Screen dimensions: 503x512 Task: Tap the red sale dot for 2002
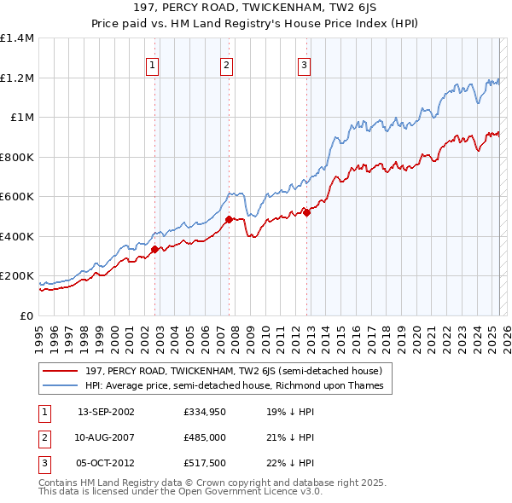(x=154, y=249)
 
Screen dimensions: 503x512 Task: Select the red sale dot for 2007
(x=229, y=219)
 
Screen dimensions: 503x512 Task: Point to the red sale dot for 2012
(x=306, y=213)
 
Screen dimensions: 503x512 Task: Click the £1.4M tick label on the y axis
(x=18, y=38)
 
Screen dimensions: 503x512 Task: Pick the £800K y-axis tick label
(x=18, y=157)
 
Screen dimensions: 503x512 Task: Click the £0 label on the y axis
(x=26, y=315)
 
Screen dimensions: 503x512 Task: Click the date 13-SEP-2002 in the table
(x=106, y=412)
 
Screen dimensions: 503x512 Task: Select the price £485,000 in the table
(x=204, y=437)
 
